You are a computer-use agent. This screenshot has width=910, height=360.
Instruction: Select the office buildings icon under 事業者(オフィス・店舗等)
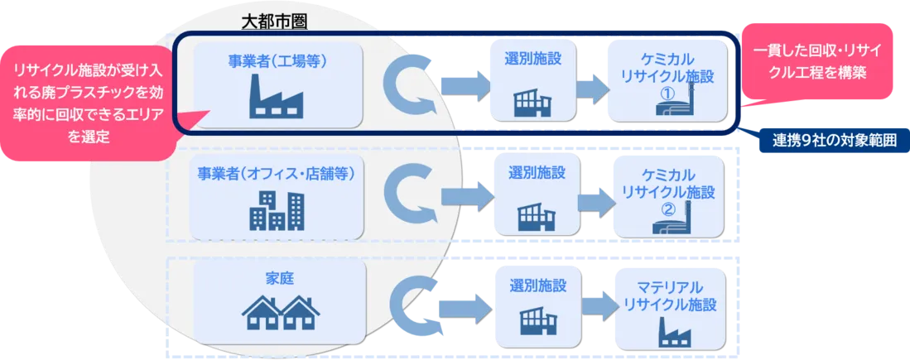pyautogui.click(x=276, y=209)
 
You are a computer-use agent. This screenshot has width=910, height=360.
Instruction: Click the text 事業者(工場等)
pyautogui.click(x=277, y=60)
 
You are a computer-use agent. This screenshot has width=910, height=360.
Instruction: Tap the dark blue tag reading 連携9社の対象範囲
pyautogui.click(x=827, y=141)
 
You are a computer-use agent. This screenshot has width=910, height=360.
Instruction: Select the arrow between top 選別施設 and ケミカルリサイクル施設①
pyautogui.click(x=589, y=86)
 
